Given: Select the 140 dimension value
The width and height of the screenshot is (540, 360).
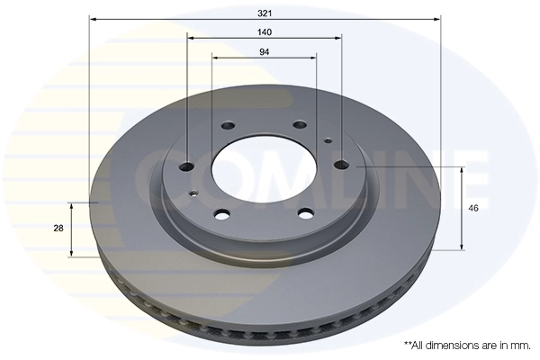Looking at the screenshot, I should point(265,31).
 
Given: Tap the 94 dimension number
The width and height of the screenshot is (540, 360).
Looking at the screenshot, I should point(265,51).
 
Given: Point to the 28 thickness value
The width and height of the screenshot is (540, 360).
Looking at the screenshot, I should point(58,229).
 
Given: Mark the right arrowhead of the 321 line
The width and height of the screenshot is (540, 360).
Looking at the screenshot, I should point(438,18).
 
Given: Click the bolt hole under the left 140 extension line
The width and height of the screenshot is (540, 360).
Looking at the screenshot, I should point(187,165).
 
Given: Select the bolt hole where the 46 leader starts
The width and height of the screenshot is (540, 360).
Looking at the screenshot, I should point(342,165).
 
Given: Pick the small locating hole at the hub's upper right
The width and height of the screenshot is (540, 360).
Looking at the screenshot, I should point(328,140).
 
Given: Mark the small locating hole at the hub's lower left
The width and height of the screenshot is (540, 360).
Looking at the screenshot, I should point(192,192).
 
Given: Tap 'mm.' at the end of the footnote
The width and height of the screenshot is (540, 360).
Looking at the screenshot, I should point(520,345).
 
